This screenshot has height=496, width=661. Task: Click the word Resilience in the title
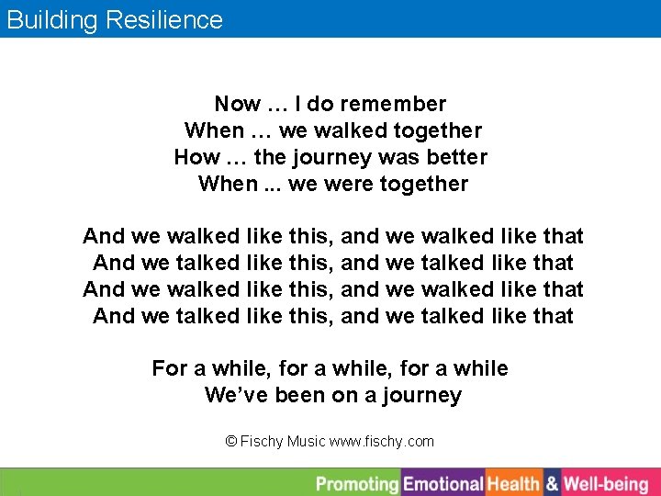click(x=166, y=20)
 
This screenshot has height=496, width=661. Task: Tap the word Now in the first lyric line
click(x=237, y=105)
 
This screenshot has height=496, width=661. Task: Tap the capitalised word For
click(x=170, y=369)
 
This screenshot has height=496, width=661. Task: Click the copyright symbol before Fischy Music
click(x=231, y=442)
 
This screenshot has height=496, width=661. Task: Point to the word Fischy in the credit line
click(x=262, y=442)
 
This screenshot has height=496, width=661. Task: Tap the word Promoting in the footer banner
click(x=357, y=484)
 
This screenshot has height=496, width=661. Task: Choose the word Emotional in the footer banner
click(x=443, y=484)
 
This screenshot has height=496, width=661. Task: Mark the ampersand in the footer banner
click(x=552, y=484)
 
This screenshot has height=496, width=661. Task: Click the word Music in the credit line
click(x=306, y=442)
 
